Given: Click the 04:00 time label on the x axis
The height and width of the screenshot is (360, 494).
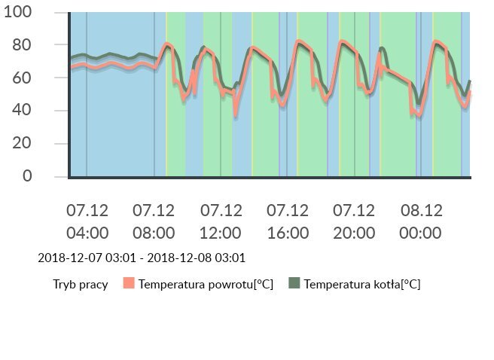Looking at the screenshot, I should pyautogui.click(x=87, y=232).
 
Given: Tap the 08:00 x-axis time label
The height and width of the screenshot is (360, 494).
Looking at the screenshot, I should pyautogui.click(x=154, y=232).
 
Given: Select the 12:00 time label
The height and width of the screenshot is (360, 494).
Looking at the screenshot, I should pyautogui.click(x=221, y=232).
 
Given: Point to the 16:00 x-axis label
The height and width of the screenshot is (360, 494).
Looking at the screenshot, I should pyautogui.click(x=288, y=232).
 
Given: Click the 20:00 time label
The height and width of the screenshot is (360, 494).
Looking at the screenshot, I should pyautogui.click(x=354, y=232).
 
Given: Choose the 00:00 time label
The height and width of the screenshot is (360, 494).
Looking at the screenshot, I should pyautogui.click(x=420, y=232).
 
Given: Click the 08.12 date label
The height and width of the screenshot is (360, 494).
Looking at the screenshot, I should pyautogui.click(x=420, y=210).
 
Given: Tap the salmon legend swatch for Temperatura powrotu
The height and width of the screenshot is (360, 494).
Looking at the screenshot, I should pyautogui.click(x=129, y=284).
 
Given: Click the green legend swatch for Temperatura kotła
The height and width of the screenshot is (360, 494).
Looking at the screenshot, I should pyautogui.click(x=294, y=284).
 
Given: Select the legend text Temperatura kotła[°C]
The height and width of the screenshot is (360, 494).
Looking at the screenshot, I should pyautogui.click(x=362, y=285).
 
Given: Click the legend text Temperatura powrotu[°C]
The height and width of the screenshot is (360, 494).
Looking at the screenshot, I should pyautogui.click(x=206, y=285).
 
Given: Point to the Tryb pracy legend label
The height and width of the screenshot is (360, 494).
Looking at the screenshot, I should pyautogui.click(x=80, y=285).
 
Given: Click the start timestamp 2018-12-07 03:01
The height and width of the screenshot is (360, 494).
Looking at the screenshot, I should pyautogui.click(x=87, y=258).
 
